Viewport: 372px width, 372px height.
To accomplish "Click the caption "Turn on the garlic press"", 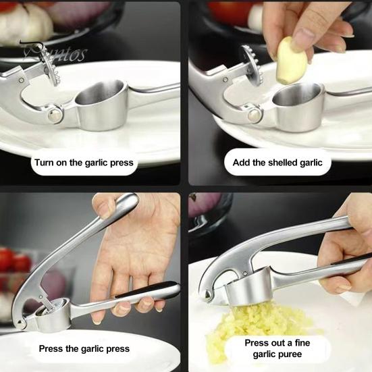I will point(84,163).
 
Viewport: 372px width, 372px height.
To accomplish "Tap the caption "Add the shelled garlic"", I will point(277,163).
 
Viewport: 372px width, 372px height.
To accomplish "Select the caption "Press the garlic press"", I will point(84,348).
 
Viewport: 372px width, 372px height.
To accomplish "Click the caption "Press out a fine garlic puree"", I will point(277,348).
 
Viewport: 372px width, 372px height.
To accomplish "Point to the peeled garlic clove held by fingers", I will point(291,60).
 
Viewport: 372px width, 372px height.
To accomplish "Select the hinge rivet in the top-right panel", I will point(255,115).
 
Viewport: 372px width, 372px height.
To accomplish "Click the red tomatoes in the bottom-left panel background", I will point(14,261).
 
